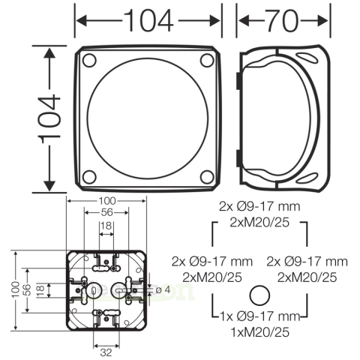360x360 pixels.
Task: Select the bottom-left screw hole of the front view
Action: (89, 176)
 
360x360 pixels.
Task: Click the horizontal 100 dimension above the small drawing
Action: (107, 201)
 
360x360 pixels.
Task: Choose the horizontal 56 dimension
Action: (107, 213)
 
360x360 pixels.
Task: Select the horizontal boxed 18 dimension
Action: (106, 226)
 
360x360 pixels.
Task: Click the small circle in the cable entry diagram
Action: (259, 295)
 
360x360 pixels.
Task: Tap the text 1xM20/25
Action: (259, 330)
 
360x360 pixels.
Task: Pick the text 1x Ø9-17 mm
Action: (259, 316)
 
